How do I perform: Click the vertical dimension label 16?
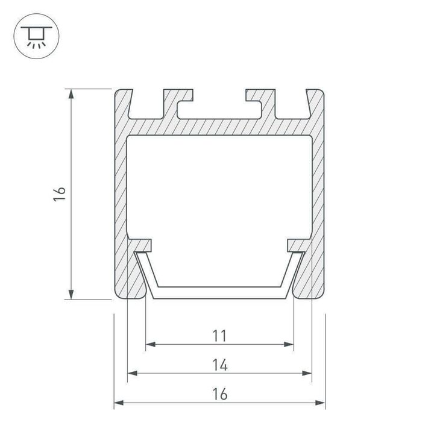59,193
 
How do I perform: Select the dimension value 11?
219,335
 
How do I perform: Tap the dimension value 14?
219,364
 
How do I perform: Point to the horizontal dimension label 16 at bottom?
219,394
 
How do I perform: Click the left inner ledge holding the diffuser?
142,245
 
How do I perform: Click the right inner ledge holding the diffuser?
297,245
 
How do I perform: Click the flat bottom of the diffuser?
219,294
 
